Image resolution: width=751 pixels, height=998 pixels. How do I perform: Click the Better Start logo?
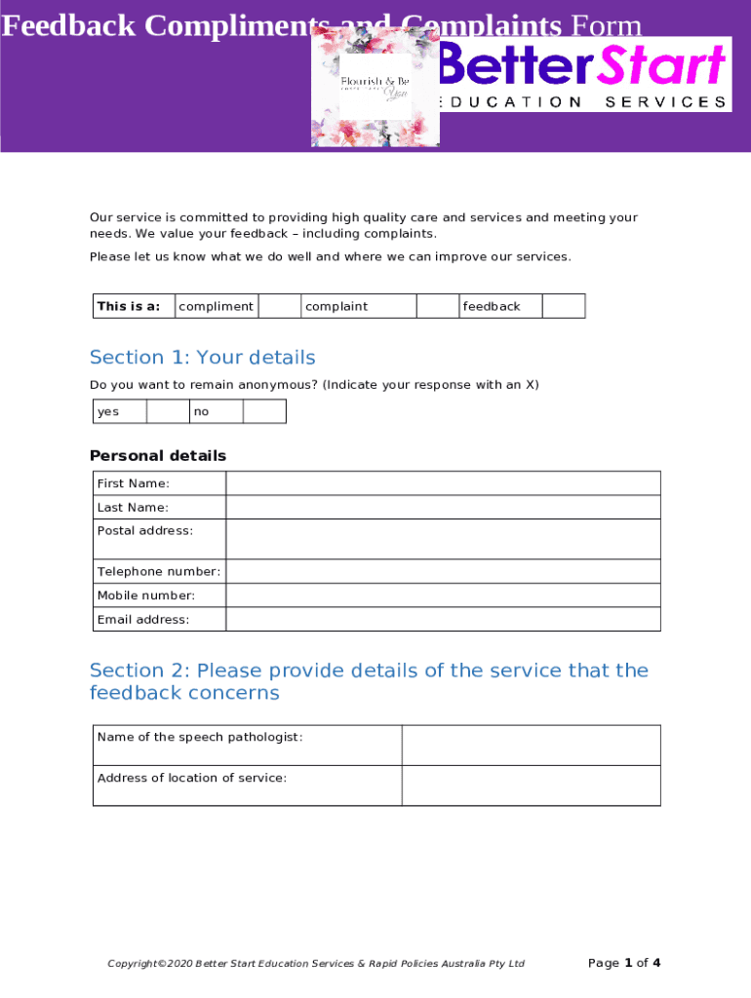[x=583, y=74]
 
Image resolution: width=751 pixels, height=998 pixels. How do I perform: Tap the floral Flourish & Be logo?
[x=375, y=87]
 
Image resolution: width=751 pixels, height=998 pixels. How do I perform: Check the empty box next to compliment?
[x=279, y=306]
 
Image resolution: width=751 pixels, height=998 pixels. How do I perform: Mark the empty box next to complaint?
[x=438, y=306]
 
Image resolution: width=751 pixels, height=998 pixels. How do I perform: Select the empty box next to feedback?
[x=563, y=306]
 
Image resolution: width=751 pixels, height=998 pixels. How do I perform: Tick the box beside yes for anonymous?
[x=168, y=411]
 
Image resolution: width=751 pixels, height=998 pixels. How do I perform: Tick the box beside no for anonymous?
[x=264, y=411]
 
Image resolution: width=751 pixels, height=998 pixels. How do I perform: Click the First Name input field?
[x=443, y=483]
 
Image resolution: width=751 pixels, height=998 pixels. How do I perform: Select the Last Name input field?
[x=443, y=508]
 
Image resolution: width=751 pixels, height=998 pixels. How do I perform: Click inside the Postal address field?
[x=443, y=539]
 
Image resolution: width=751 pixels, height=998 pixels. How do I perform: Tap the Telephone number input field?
[x=443, y=571]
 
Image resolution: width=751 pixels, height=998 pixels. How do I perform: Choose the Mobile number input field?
[x=443, y=595]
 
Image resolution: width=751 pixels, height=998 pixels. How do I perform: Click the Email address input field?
[x=443, y=620]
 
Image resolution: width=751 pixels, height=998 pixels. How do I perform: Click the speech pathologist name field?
[x=531, y=746]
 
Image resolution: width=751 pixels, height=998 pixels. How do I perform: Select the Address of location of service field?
[x=531, y=786]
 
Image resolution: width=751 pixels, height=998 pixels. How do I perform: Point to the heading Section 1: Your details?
[x=202, y=358]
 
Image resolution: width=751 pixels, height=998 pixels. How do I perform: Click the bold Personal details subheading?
[x=158, y=456]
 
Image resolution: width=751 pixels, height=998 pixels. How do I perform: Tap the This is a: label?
[x=128, y=306]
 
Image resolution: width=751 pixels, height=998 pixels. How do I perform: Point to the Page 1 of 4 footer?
[x=624, y=963]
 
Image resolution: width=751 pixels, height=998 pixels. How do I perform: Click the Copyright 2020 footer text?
[x=316, y=964]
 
